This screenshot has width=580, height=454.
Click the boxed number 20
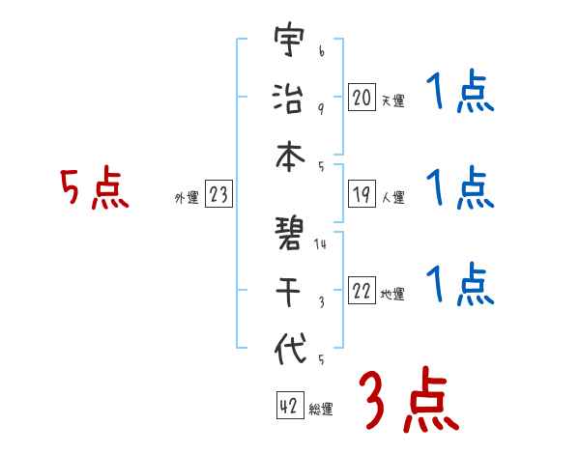362,97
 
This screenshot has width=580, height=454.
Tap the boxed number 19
362,194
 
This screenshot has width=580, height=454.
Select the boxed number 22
362,291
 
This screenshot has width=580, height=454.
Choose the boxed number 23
218,195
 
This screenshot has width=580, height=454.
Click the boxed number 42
288,407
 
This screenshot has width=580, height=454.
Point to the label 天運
392,100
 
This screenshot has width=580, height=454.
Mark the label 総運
320,410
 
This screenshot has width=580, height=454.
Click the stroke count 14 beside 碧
320,244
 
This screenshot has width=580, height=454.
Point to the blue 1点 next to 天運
459,95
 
